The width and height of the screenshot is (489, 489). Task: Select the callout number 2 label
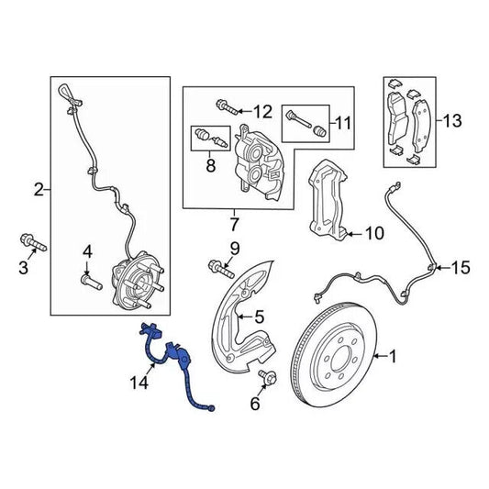[39, 191]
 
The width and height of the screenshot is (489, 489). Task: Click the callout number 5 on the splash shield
[259, 317]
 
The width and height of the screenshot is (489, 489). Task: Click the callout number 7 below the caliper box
[233, 224]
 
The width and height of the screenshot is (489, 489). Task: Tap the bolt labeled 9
[217, 268]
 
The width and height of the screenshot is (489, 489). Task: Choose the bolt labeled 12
[225, 112]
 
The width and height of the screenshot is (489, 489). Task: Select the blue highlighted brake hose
[176, 361]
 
